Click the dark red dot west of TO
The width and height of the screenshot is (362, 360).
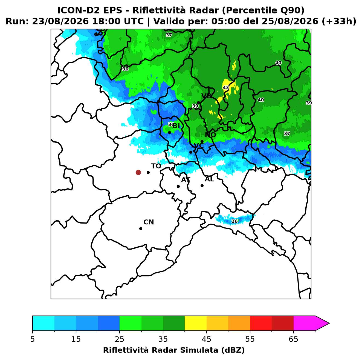(x=138, y=172)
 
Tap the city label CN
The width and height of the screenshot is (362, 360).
(x=149, y=222)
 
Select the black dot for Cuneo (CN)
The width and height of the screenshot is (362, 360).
(x=141, y=228)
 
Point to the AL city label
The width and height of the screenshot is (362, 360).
(x=209, y=179)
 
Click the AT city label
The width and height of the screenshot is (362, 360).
(x=186, y=180)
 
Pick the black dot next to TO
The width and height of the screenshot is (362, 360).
(x=148, y=172)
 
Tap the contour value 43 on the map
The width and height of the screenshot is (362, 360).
(x=226, y=87)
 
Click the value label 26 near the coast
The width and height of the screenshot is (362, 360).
(x=234, y=221)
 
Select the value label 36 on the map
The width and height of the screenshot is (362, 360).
(x=125, y=69)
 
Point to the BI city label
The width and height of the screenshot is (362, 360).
(x=176, y=126)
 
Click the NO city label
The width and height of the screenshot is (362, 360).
(x=210, y=135)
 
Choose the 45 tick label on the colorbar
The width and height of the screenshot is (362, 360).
(x=206, y=339)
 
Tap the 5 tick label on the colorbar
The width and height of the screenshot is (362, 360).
(x=33, y=339)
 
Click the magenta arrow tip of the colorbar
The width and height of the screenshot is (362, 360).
(x=329, y=323)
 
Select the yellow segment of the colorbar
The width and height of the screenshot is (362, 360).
(x=195, y=323)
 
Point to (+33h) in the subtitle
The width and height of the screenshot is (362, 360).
(x=339, y=21)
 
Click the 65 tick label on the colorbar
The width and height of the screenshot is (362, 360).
(x=293, y=339)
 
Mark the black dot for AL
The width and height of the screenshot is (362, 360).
(x=202, y=185)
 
